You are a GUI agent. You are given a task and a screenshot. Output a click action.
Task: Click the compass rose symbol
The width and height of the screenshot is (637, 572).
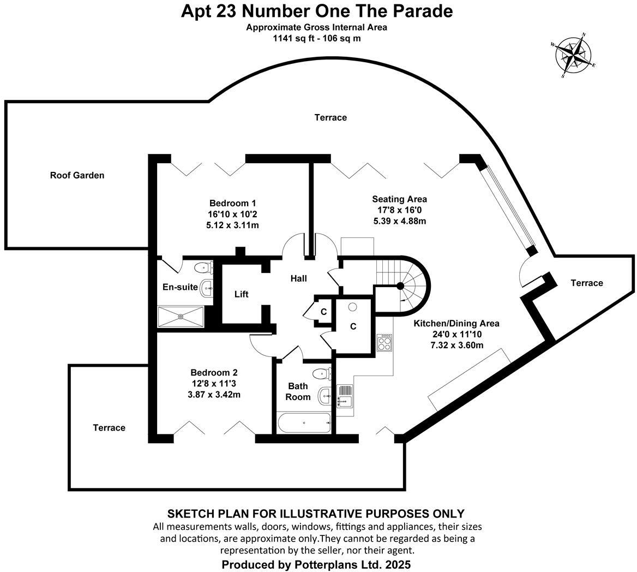coord(574,55)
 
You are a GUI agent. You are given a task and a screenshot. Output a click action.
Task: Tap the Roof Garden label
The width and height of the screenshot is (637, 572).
coord(77,175)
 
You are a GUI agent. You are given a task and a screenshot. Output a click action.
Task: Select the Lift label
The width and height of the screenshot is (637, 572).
coord(241,294)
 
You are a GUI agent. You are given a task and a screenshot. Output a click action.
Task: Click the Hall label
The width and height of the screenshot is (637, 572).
coord(298,278)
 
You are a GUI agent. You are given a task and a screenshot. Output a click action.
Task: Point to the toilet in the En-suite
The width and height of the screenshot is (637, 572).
coord(203,267)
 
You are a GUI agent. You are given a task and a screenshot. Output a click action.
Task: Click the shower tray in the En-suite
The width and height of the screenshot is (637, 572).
coord(181,316)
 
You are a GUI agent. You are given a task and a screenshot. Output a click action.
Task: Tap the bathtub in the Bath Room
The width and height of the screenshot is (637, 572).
coord(304,422)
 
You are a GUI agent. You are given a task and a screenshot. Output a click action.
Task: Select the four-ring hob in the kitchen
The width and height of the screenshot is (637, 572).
coord(384,343)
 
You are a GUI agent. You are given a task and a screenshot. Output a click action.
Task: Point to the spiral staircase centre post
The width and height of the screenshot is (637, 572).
coord(400,285)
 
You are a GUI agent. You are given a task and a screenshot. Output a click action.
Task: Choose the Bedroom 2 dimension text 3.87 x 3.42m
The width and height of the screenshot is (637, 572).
coord(214,394)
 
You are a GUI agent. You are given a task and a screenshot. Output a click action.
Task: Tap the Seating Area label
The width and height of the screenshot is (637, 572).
coord(399,199)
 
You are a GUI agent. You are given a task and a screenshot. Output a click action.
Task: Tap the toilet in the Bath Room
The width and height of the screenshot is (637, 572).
coord(321,374)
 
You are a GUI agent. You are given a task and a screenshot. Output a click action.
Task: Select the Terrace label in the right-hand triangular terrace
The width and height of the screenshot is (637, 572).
coord(586,283)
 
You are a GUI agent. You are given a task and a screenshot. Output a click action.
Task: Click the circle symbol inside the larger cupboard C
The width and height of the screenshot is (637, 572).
coord(353,307)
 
